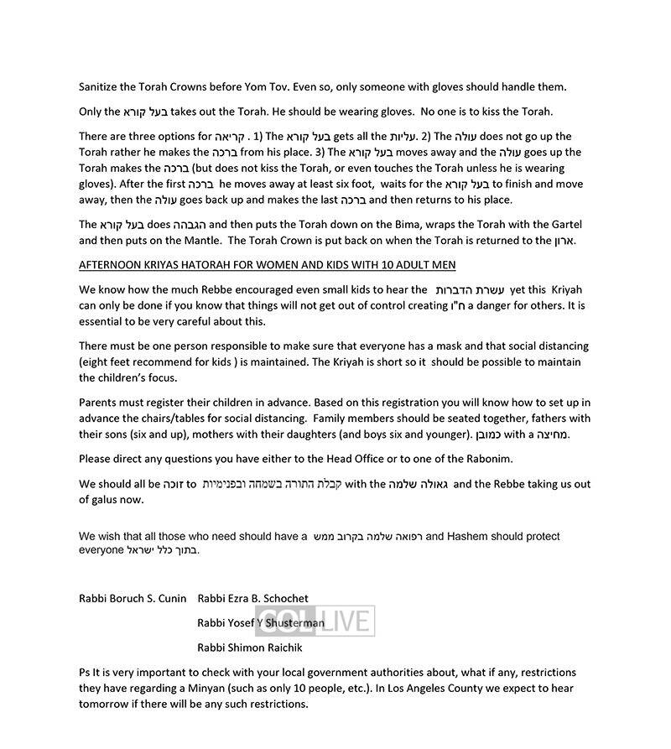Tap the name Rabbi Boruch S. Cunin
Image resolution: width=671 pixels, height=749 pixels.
[133, 598]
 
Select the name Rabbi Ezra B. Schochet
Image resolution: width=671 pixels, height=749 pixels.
[252, 598]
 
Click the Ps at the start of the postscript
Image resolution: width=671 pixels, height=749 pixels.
[86, 673]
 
